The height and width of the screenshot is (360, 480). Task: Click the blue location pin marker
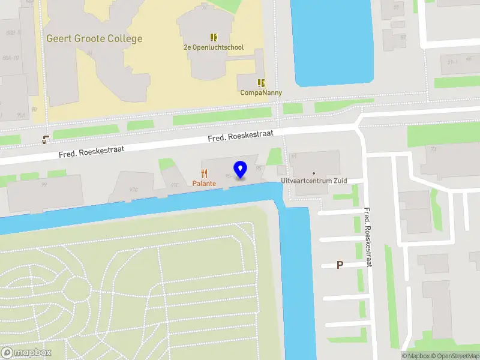241,169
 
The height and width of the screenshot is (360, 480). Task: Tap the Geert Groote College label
95,39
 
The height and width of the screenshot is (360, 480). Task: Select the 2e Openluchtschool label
214,47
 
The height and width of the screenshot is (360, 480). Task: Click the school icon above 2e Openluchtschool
214,37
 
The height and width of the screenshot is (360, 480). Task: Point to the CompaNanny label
261,93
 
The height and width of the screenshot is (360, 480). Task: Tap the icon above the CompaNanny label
261,83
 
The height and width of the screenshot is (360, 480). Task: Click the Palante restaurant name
205,184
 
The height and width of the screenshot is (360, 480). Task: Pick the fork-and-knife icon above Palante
205,173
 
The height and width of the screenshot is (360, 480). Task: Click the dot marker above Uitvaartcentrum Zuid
313,173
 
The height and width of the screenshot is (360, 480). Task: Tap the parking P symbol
340,265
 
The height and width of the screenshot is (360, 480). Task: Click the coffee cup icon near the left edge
46,140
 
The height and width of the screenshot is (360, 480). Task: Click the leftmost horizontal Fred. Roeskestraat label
91,151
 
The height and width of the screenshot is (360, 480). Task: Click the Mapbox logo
26,353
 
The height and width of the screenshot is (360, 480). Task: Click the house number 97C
175,185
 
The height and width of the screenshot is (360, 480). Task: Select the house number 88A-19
10,58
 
